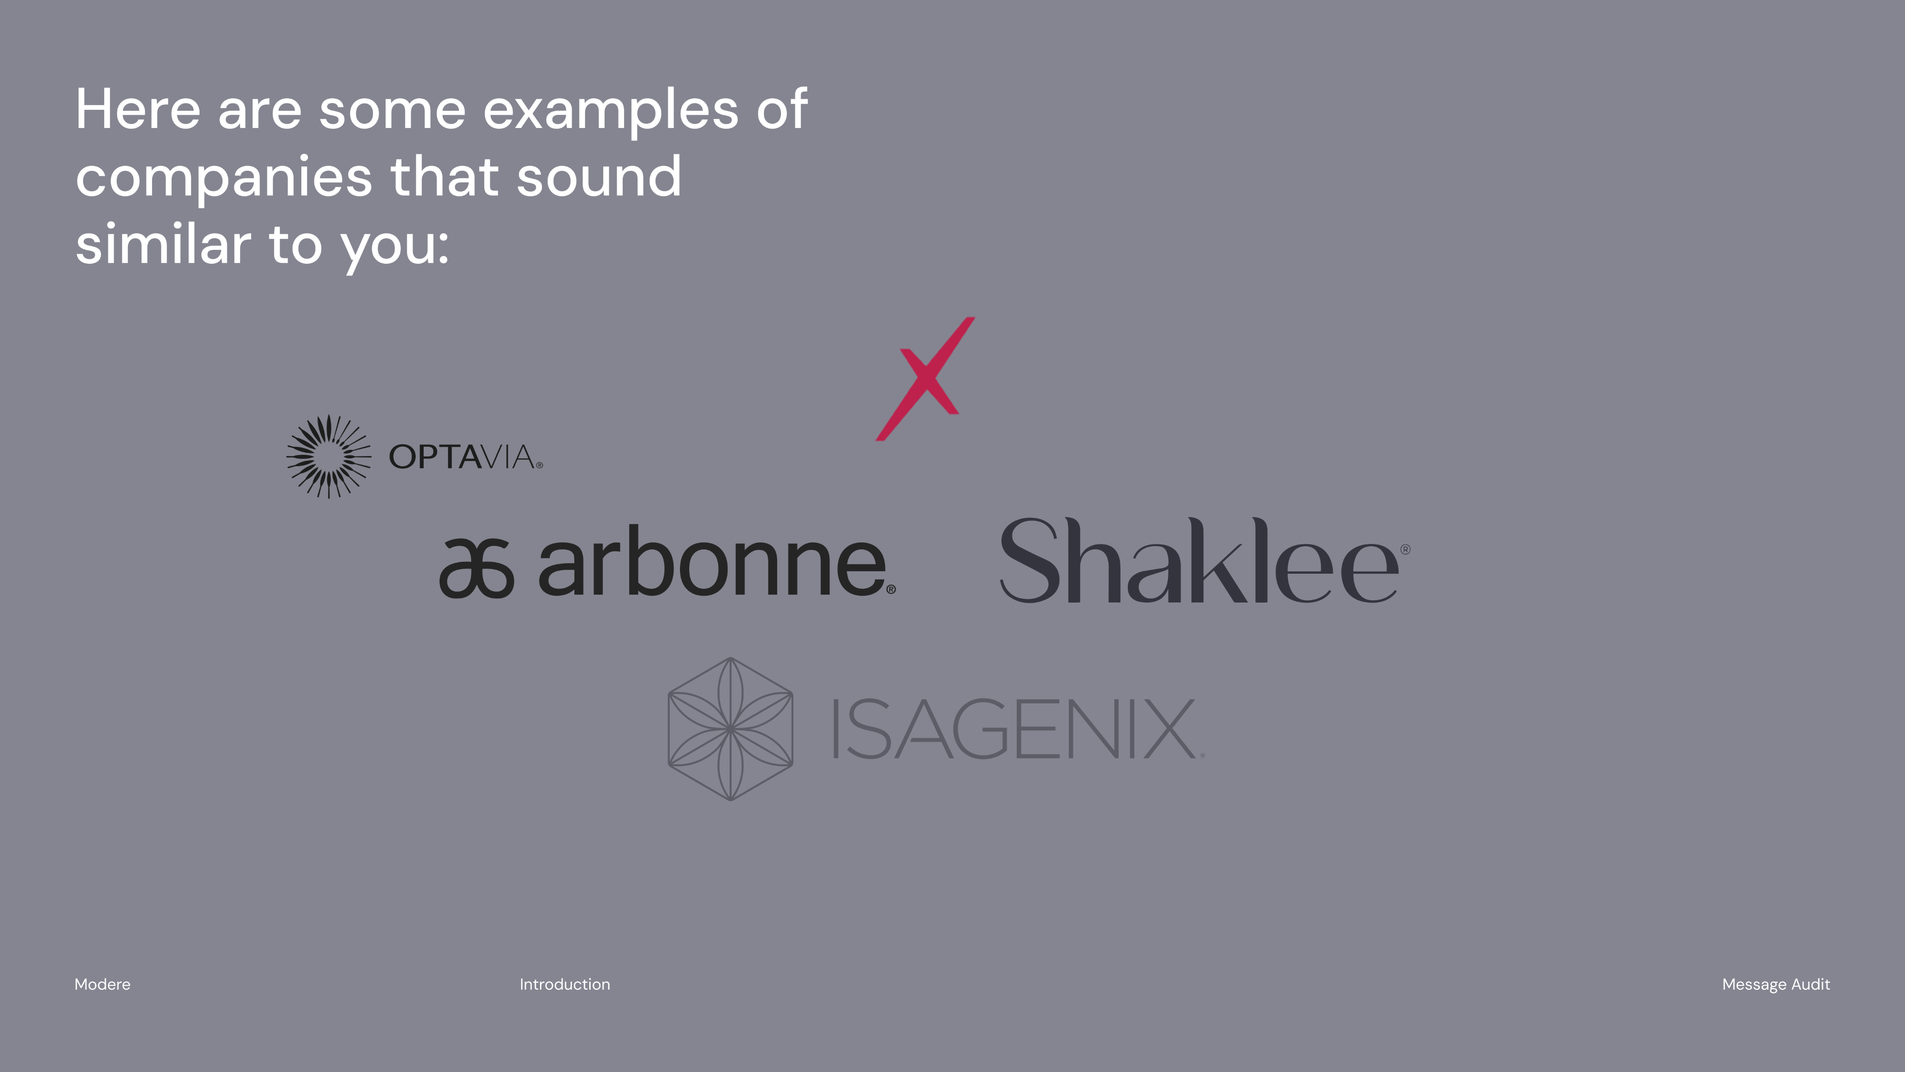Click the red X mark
[x=926, y=379]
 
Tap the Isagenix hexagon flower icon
[x=731, y=729]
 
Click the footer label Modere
[x=102, y=984]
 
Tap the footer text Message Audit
[x=1776, y=985]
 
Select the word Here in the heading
[x=138, y=109]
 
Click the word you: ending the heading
[x=394, y=248]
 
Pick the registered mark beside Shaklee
[x=1405, y=549]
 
